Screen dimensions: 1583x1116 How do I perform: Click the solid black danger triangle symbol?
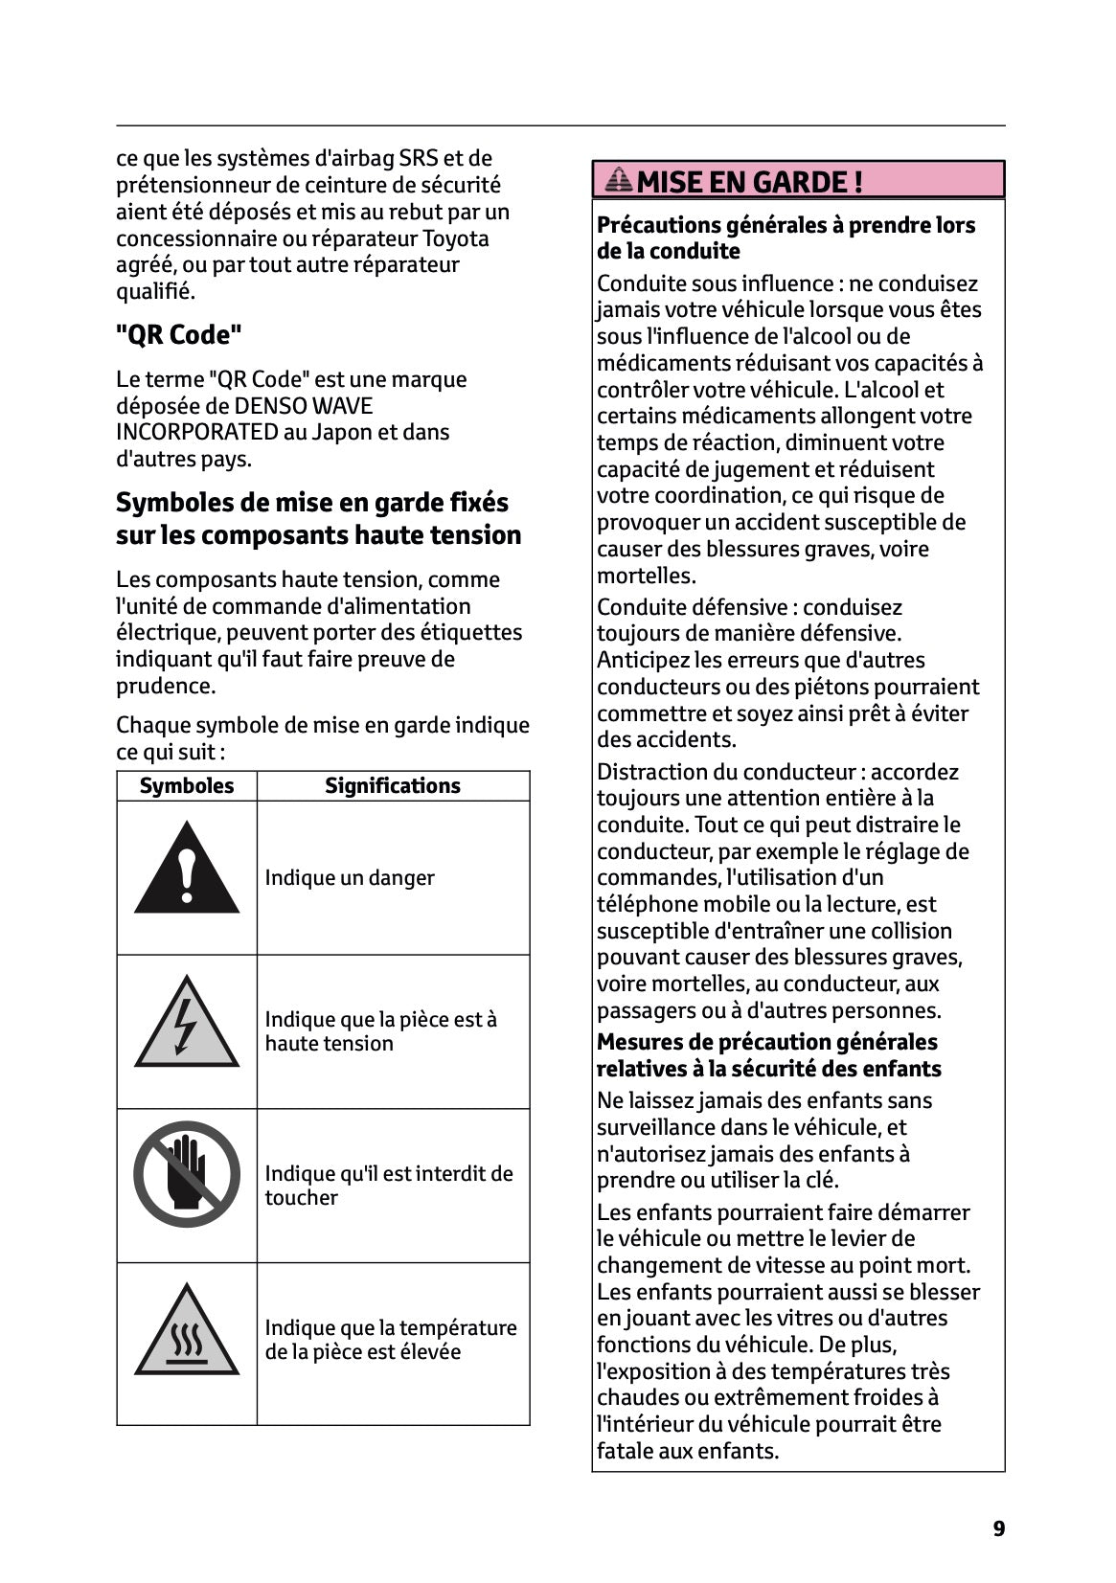[187, 870]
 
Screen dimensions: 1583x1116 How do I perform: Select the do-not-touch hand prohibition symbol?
[187, 1174]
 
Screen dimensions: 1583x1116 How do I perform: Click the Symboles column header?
[187, 786]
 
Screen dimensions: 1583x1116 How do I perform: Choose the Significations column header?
[393, 786]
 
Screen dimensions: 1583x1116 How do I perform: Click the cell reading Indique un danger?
[350, 878]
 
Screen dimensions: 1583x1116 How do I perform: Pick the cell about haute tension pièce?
[380, 1031]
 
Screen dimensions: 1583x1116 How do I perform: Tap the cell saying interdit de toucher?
[388, 1186]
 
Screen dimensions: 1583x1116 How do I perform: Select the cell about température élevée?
[390, 1340]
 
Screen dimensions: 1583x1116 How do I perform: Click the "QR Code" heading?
[179, 335]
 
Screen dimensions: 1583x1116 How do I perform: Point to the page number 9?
[999, 1528]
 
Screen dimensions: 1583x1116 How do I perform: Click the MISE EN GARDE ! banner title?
[749, 182]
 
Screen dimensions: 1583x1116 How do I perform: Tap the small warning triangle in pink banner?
[620, 180]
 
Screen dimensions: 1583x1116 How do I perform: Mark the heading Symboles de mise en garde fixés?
[312, 503]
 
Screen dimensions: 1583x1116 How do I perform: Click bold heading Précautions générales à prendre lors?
[786, 225]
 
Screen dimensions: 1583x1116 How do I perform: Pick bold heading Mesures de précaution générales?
[766, 1042]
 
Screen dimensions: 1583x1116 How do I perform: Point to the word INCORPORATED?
[196, 433]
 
